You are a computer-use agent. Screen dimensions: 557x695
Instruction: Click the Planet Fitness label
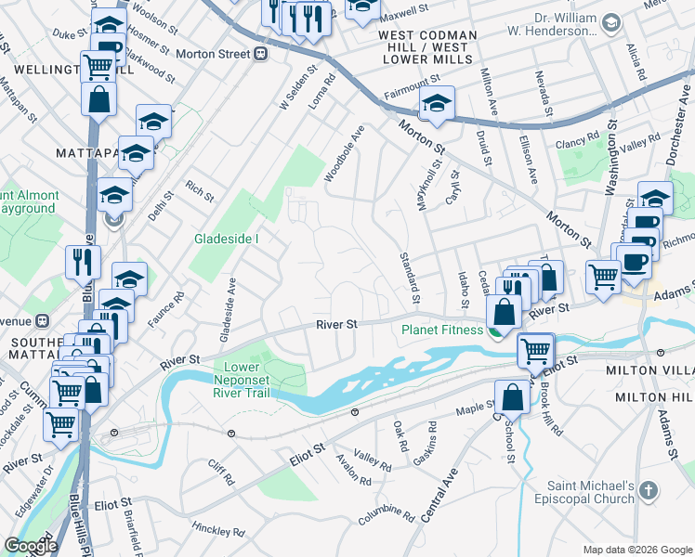(441, 330)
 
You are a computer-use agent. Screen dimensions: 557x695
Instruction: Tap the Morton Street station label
(213, 54)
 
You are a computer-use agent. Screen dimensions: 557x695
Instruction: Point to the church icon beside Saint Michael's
(648, 489)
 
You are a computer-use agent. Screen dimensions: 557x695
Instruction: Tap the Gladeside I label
(226, 239)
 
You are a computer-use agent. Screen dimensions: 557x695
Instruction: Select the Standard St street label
(410, 276)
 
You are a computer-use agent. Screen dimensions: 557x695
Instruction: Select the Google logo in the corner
(31, 546)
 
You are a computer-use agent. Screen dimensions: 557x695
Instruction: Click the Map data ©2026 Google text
(637, 550)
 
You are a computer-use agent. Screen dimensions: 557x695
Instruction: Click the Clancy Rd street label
(578, 141)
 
